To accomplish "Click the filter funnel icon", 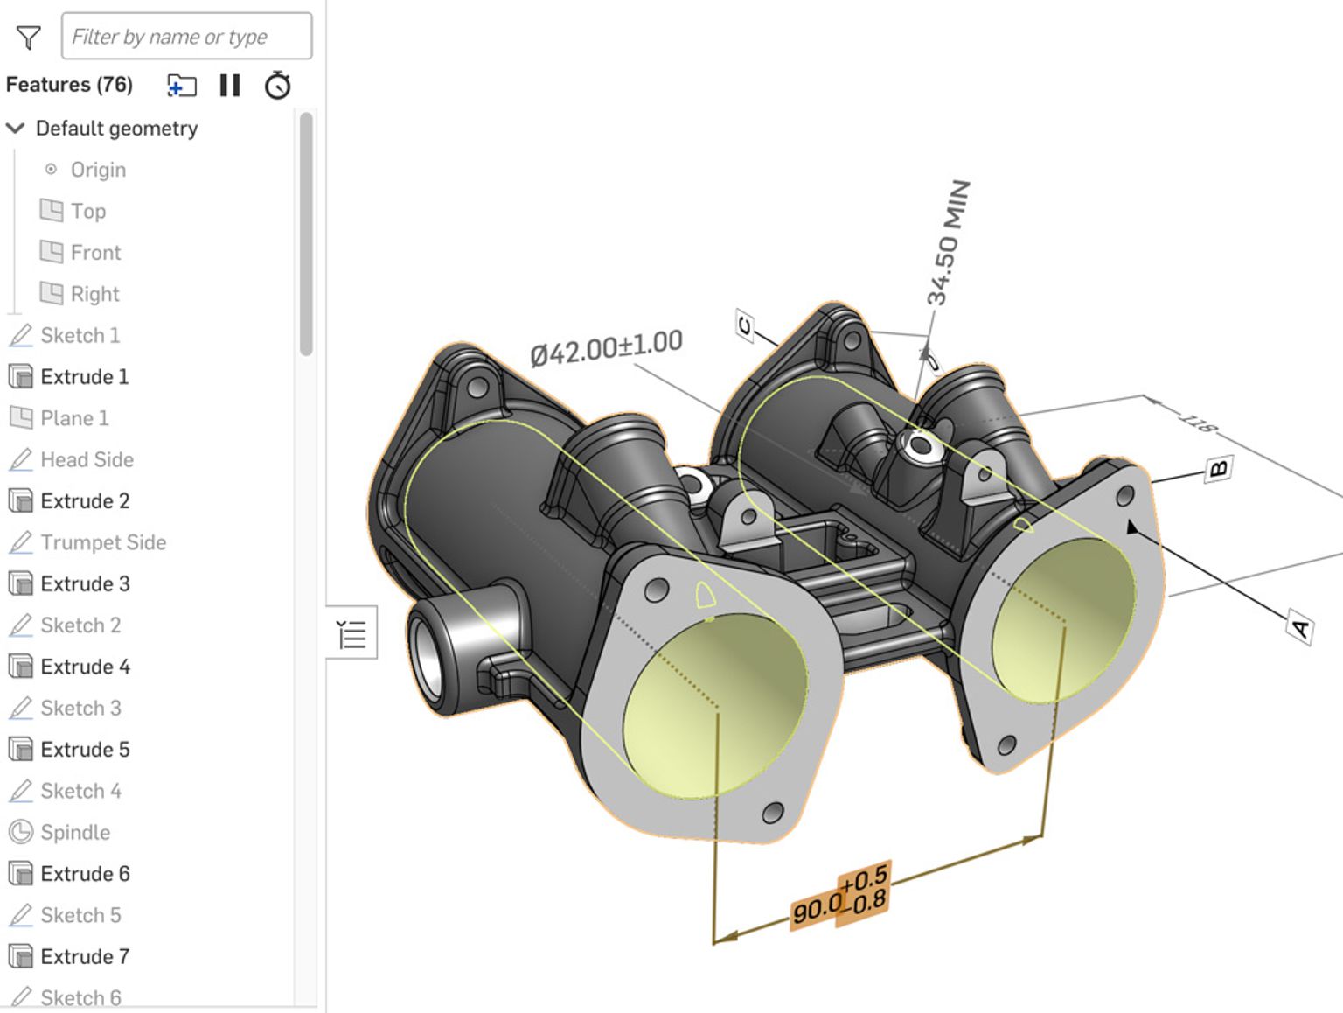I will coord(28,38).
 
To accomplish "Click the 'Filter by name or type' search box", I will coord(186,37).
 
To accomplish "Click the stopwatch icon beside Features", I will coord(277,86).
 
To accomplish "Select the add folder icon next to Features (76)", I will coord(182,86).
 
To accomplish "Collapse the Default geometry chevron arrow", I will coord(15,129).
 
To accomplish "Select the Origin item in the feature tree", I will coord(97,170).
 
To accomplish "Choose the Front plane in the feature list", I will coord(94,253).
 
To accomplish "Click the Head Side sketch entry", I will coord(87,460).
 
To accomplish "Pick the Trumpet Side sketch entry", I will coord(102,543).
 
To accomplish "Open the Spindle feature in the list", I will coord(74,833).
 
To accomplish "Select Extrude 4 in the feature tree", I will coord(85,667).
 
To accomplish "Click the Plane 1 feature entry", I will coord(73,419).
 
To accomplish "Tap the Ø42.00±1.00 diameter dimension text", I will coord(606,348).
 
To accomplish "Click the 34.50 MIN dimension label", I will coord(949,242).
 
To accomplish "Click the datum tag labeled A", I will coord(1300,628).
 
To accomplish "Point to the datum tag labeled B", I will coord(1218,469).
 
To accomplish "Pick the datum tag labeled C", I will coord(744,326).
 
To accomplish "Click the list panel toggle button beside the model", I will coord(351,632).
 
